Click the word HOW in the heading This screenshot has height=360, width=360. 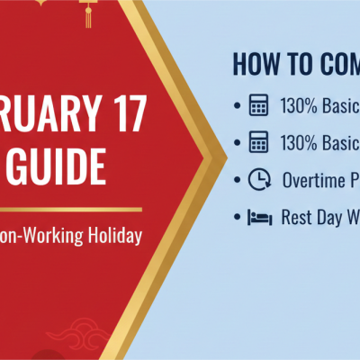(255, 65)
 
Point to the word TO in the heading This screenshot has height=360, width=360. (299, 65)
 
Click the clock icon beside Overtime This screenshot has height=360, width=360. (258, 180)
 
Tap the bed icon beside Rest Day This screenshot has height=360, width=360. (258, 217)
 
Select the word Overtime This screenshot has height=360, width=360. (311, 180)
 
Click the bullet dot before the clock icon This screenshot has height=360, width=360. (237, 180)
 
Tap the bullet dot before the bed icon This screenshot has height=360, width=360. (237, 217)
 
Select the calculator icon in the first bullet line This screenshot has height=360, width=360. (258, 106)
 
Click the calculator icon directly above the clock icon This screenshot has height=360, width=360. (258, 143)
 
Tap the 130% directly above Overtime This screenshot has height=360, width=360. (301, 143)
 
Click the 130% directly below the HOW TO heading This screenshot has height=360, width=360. (301, 106)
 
